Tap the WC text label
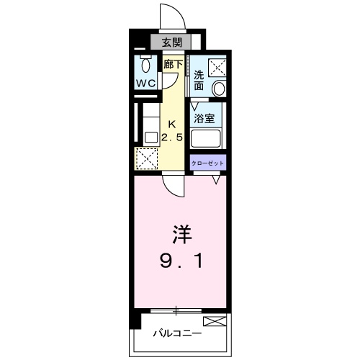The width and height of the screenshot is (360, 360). (x=147, y=83)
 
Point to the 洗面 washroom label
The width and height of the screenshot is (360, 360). (x=199, y=80)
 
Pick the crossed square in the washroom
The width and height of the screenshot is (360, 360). (x=217, y=66)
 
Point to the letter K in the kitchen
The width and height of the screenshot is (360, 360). (x=172, y=123)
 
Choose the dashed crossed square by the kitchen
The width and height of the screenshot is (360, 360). (x=146, y=157)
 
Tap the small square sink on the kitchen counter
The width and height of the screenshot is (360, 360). (x=151, y=136)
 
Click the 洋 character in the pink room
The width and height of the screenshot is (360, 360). (x=180, y=235)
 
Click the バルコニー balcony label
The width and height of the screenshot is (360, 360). (x=178, y=333)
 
